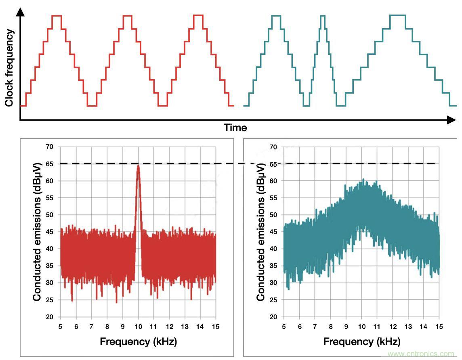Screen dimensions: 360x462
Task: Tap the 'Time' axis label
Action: click(x=235, y=128)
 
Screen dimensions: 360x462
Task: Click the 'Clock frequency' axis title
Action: click(x=10, y=68)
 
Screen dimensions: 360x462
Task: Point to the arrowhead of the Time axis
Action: click(x=451, y=120)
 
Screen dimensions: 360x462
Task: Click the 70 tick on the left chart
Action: click(x=49, y=147)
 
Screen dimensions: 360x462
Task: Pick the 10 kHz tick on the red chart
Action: click(x=138, y=326)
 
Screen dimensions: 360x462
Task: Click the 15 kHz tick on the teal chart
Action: click(x=439, y=326)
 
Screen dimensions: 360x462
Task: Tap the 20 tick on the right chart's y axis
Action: click(x=273, y=317)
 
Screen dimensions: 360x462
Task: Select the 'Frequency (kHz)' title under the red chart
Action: click(x=138, y=342)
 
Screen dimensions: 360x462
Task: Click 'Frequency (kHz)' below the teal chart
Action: click(x=362, y=342)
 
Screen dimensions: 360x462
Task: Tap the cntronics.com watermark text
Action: click(x=422, y=354)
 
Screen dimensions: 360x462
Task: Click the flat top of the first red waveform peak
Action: click(x=57, y=16)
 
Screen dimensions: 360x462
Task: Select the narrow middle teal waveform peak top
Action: click(x=322, y=16)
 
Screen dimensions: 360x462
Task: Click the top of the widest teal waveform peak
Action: click(x=398, y=16)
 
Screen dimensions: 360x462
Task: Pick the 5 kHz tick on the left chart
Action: click(x=61, y=326)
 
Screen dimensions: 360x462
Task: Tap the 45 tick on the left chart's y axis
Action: click(x=49, y=232)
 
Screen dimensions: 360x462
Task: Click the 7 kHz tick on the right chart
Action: click(x=315, y=326)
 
